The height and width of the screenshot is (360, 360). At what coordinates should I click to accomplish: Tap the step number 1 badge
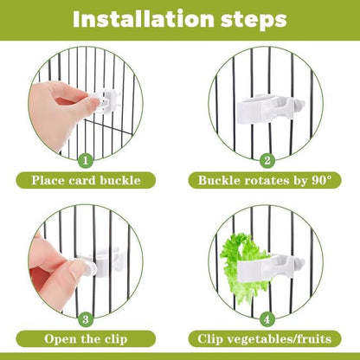coord(86,159)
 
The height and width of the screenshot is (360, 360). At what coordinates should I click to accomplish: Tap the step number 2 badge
coord(267,159)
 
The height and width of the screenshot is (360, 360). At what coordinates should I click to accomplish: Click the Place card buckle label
coord(86,181)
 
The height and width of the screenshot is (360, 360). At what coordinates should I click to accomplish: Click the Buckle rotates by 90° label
coord(267,181)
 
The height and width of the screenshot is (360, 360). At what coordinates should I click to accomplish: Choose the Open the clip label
coord(86,339)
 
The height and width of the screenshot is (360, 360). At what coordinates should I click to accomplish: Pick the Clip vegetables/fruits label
coord(267,339)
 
